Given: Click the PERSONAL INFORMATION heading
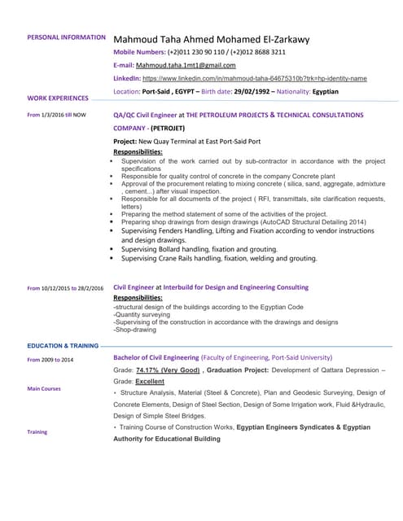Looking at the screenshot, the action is pyautogui.click(x=66, y=37).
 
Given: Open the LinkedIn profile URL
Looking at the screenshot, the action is pyautogui.click(x=255, y=78).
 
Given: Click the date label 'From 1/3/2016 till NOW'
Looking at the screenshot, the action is pyautogui.click(x=56, y=116).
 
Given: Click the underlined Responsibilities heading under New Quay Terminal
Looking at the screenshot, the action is pyautogui.click(x=138, y=152).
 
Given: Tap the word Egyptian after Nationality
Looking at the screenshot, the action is pyautogui.click(x=322, y=91).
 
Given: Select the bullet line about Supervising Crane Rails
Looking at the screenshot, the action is pyautogui.click(x=219, y=259).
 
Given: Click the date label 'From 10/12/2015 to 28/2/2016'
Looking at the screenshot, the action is pyautogui.click(x=65, y=288).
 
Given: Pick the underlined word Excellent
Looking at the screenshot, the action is pyautogui.click(x=150, y=381).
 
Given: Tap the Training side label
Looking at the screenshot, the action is pyautogui.click(x=37, y=431).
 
